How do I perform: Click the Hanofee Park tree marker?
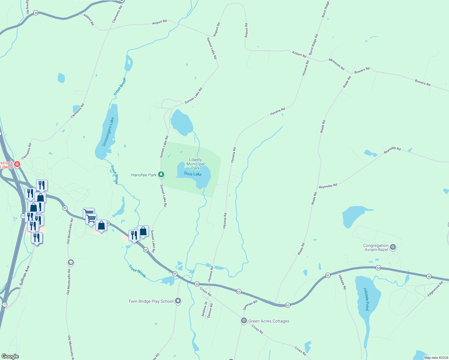(161, 174)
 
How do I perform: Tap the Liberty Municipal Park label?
(195, 164)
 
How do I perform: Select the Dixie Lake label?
(192, 174)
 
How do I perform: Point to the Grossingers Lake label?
(108, 132)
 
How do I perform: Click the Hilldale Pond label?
(366, 299)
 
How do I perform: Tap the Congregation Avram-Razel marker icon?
(393, 247)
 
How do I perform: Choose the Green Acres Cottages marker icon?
(244, 321)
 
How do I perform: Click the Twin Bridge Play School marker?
(178, 301)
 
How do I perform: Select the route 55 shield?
(36, 13)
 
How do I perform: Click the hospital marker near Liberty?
(17, 164)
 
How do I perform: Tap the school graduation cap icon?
(71, 262)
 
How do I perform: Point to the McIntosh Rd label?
(336, 64)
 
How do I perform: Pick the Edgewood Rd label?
(435, 289)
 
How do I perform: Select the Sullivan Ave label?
(25, 275)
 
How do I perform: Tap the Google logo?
(10, 356)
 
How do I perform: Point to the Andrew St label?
(204, 309)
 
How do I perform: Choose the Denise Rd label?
(210, 310)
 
